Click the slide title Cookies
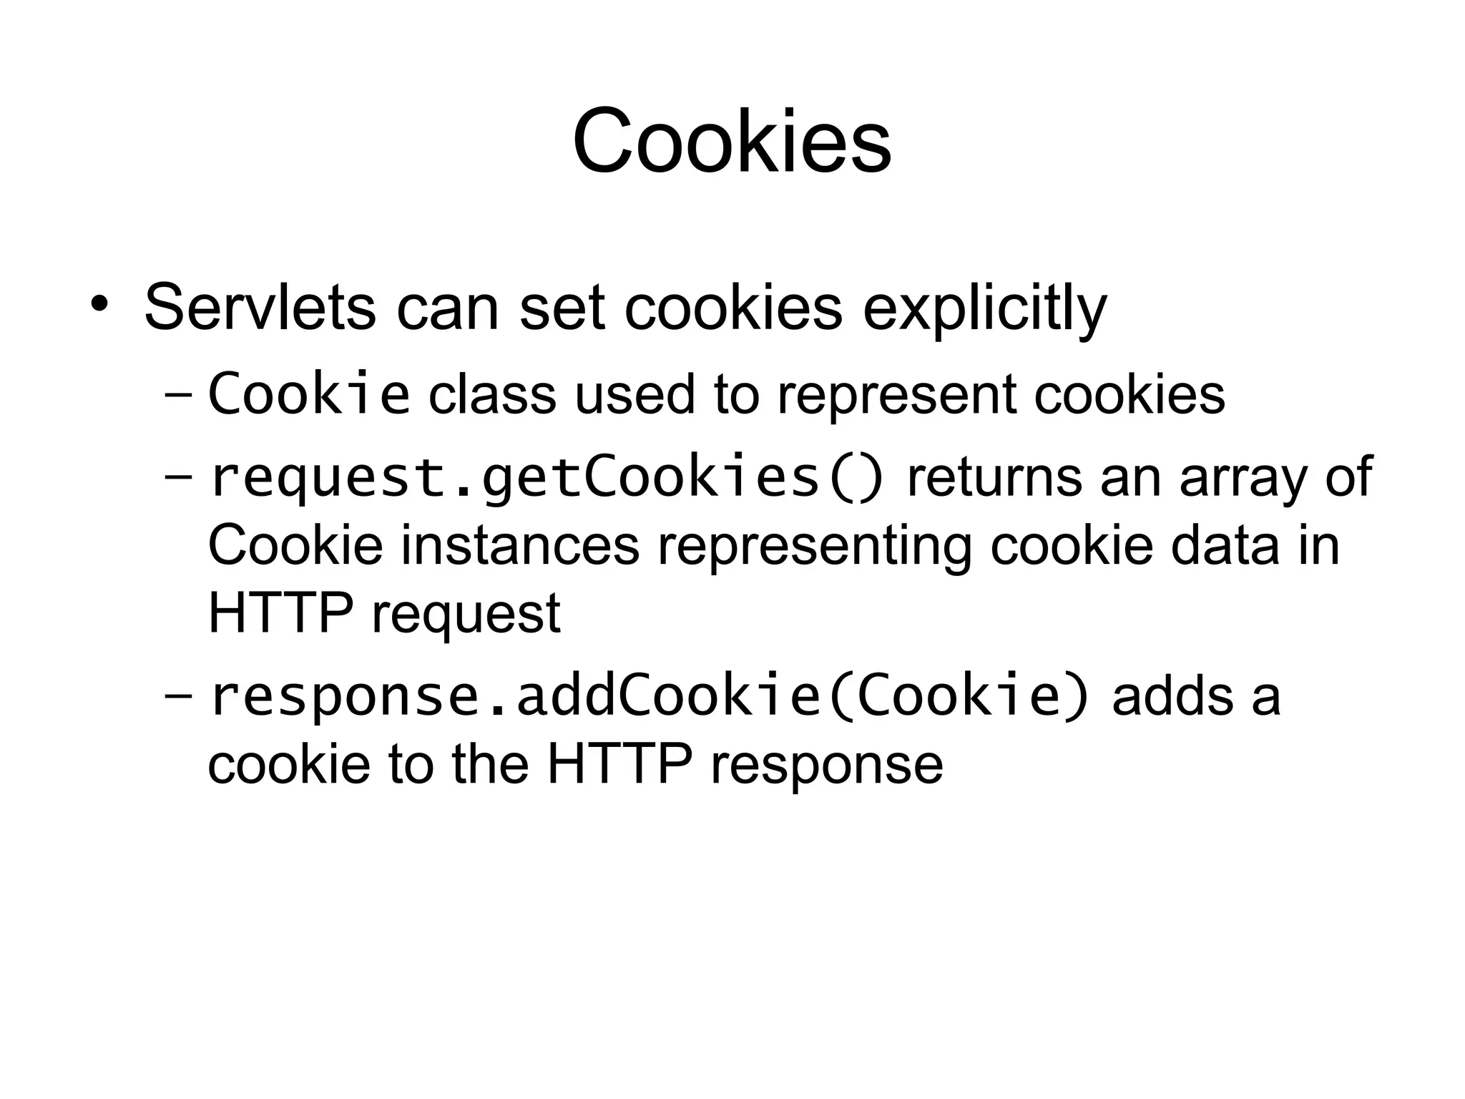tap(732, 141)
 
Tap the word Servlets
tap(260, 308)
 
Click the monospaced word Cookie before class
tap(309, 394)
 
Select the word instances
tap(519, 546)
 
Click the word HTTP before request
tap(280, 613)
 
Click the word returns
tap(994, 478)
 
